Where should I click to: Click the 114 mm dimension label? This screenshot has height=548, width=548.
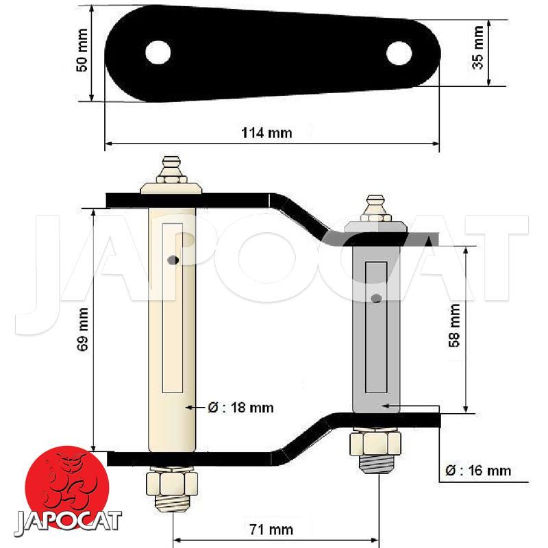pyautogui.click(x=266, y=133)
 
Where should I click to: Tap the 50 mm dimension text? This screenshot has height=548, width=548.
pyautogui.click(x=82, y=50)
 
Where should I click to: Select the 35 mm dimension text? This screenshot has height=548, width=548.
pyautogui.click(x=477, y=47)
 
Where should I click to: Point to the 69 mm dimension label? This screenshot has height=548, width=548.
pyautogui.click(x=82, y=329)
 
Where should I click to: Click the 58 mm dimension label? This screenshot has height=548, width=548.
pyautogui.click(x=454, y=325)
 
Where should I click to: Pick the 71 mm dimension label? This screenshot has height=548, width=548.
pyautogui.click(x=271, y=530)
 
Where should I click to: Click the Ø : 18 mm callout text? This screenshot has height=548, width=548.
pyautogui.click(x=240, y=408)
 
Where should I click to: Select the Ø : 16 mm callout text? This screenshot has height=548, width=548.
pyautogui.click(x=478, y=471)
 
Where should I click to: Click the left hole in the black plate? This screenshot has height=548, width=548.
pyautogui.click(x=158, y=53)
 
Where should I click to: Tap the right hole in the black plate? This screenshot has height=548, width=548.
pyautogui.click(x=399, y=53)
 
